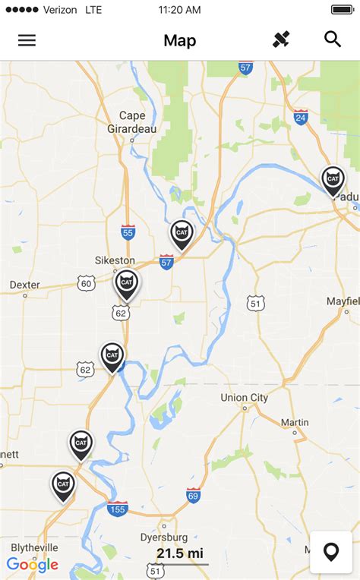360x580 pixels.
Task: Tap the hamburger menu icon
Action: (27, 40)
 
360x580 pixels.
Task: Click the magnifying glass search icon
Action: (333, 39)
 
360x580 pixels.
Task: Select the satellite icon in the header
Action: (282, 40)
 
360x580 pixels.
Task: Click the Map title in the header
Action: (180, 41)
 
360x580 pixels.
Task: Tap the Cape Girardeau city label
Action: (137, 121)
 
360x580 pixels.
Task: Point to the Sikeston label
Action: (115, 260)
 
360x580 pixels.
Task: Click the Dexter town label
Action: (24, 285)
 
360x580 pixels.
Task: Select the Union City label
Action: (244, 398)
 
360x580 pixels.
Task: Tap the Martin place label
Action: (295, 422)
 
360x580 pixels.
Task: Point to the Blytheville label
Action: (34, 547)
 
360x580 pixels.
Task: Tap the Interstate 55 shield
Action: (128, 232)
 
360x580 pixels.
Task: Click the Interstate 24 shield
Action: (301, 117)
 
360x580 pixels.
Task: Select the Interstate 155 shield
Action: (118, 509)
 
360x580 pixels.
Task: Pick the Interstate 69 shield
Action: (194, 495)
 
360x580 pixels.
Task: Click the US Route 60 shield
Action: (85, 284)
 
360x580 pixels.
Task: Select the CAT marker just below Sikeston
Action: (127, 284)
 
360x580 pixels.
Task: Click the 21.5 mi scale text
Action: (180, 553)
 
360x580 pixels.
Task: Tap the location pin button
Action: (331, 552)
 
